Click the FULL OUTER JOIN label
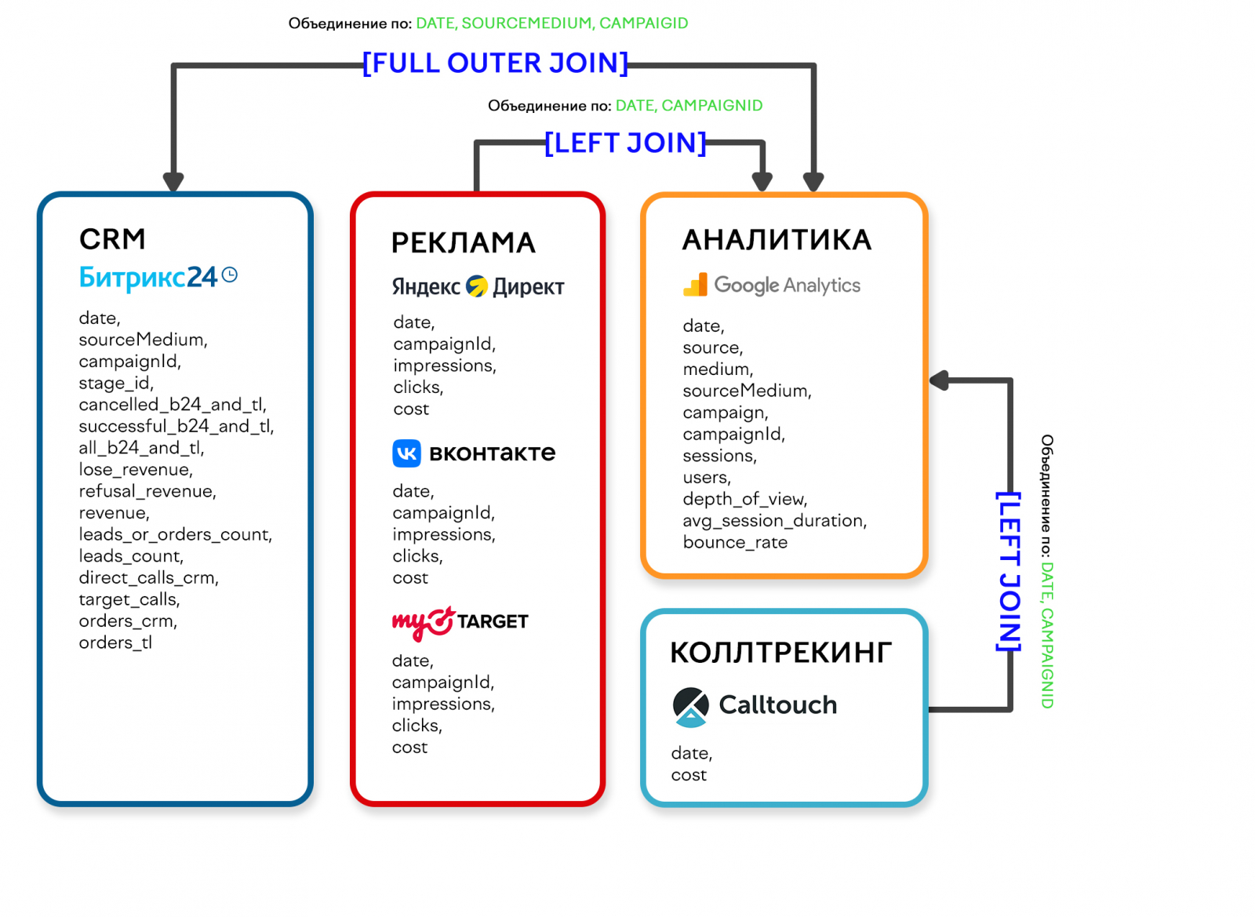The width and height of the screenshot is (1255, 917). click(495, 63)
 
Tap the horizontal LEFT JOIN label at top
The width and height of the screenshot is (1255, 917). click(625, 143)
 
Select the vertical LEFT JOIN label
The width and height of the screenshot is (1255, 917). click(1009, 571)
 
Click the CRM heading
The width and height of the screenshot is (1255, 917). click(112, 239)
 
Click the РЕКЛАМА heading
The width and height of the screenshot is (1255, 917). click(463, 243)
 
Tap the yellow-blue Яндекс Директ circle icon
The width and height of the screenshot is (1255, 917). click(476, 286)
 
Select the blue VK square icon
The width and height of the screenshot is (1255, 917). click(406, 453)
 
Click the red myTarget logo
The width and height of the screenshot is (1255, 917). click(424, 623)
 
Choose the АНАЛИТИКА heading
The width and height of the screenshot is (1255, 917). click(777, 240)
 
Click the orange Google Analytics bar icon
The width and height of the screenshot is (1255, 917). click(695, 285)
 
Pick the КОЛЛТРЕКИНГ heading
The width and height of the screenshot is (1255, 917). click(780, 653)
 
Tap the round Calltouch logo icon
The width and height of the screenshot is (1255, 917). click(690, 705)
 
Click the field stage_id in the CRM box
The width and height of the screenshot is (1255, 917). click(116, 383)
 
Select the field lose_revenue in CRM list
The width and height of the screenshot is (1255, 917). click(135, 469)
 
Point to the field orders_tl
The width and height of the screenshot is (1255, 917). click(115, 642)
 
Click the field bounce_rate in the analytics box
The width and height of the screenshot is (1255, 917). click(735, 542)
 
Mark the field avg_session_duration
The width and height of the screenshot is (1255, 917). click(774, 521)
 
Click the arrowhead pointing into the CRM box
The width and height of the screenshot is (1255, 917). click(173, 182)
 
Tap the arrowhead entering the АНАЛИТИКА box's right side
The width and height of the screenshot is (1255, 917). click(939, 380)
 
